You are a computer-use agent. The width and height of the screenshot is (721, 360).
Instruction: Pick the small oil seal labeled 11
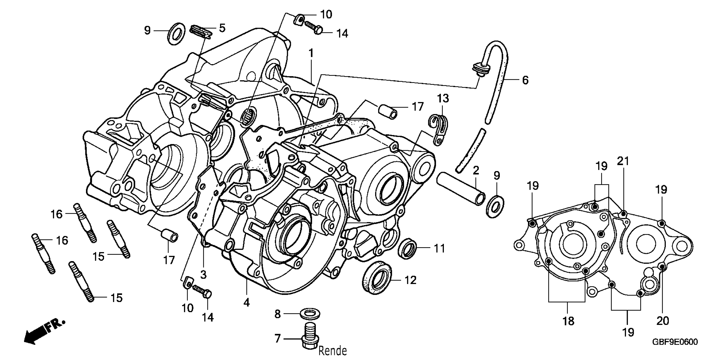[x=407, y=248]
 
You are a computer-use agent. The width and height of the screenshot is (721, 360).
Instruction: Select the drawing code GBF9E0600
[x=675, y=342]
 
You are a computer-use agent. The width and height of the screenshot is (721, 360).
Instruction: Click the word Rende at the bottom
[x=332, y=350]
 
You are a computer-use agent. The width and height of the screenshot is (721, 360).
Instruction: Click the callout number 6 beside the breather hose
[x=525, y=80]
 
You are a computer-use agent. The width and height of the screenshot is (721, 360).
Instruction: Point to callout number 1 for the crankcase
[x=311, y=53]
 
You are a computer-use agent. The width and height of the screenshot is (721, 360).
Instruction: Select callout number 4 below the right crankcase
[x=246, y=302]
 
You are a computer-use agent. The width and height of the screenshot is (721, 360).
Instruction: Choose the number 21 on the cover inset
[x=623, y=161]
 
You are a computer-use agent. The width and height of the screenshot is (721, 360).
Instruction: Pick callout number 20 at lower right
[x=663, y=321]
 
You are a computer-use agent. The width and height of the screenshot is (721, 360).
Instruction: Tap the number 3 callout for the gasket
[x=203, y=274]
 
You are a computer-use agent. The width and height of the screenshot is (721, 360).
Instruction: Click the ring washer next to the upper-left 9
[x=176, y=33]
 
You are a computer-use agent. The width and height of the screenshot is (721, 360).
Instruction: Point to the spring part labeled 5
[x=201, y=31]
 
